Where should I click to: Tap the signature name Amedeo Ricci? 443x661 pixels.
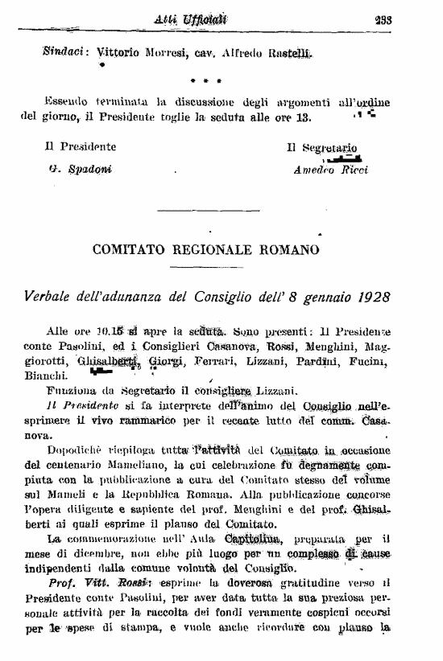pos(330,170)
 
